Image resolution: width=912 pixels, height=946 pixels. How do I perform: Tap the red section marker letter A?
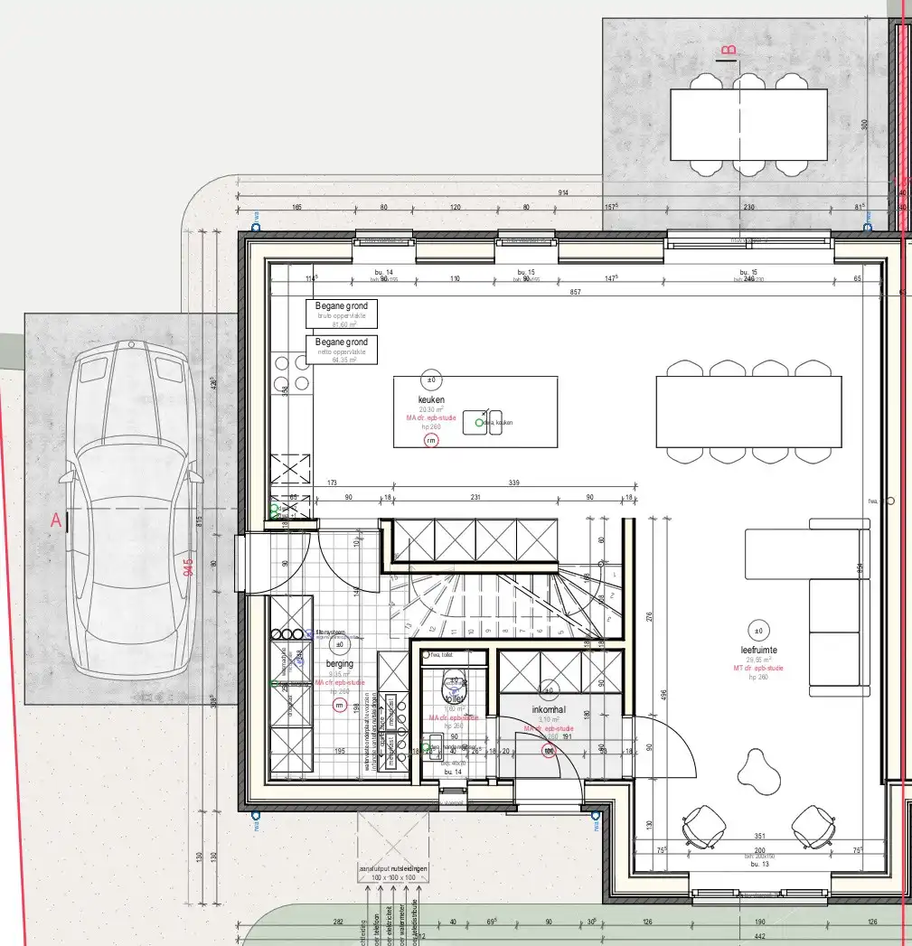click(56, 521)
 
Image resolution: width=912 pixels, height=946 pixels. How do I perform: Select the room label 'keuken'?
click(431, 398)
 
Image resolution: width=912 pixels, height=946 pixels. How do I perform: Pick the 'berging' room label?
click(340, 662)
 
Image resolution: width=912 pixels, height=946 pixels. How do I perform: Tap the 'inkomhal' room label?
click(548, 709)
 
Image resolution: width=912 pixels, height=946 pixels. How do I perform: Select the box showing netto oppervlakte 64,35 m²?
click(342, 349)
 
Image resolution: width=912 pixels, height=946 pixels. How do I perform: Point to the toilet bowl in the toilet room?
click(454, 690)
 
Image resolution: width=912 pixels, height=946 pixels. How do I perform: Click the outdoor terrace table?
click(748, 124)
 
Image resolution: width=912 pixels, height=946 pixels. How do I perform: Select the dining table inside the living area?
click(748, 412)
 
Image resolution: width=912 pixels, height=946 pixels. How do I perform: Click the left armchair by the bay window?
click(703, 827)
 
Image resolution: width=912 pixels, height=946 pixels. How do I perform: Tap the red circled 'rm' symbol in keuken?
click(431, 440)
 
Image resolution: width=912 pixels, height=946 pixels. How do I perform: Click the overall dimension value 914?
click(562, 193)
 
